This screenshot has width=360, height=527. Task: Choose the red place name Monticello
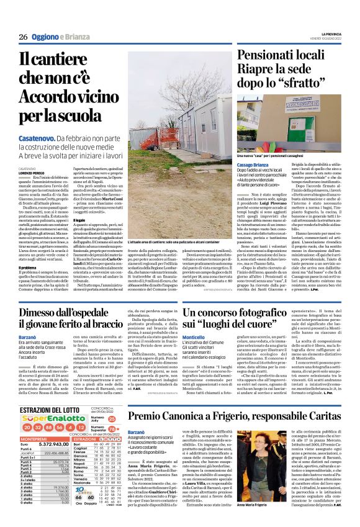(x=194, y=318)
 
